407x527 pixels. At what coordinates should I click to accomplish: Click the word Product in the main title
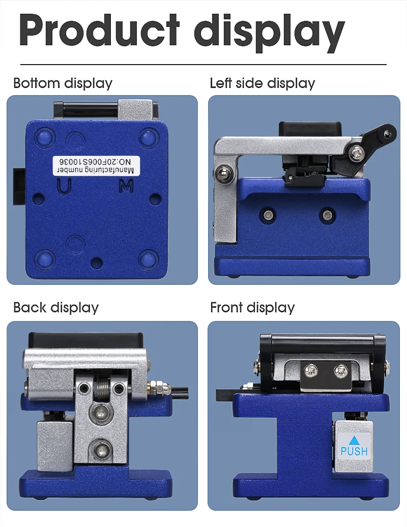(x=100, y=30)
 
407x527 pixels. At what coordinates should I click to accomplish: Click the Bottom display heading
(x=63, y=83)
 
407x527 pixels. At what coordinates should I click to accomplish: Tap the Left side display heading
(x=263, y=83)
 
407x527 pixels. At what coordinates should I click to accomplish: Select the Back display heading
(x=56, y=308)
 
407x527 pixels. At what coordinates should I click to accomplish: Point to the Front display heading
(x=252, y=308)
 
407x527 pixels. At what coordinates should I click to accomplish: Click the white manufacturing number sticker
(x=96, y=165)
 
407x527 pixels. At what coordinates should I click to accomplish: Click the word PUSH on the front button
(x=354, y=451)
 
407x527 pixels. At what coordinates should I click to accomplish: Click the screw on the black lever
(x=356, y=154)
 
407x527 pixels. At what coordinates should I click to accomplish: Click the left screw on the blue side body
(x=268, y=215)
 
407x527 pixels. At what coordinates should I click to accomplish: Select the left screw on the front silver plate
(x=310, y=371)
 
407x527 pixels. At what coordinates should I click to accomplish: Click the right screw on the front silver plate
(x=340, y=371)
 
